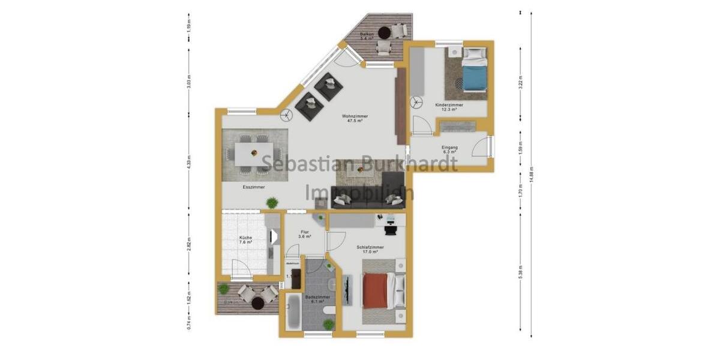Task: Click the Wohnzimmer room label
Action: pos(355,118)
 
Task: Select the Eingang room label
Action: pos(449,149)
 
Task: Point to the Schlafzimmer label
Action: pos(370,249)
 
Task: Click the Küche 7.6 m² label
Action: pos(245,241)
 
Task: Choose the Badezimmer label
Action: pos(315,299)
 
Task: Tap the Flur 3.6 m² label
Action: pos(305,234)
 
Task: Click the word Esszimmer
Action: pos(254,187)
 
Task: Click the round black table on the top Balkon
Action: pos(384,33)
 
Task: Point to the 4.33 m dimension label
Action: pos(189,162)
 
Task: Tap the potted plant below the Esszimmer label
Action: pos(272,202)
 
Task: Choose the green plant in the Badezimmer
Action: pos(328,324)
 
